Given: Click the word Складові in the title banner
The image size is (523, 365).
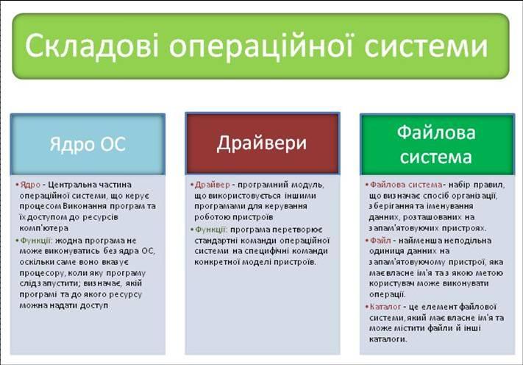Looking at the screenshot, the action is pos(92,46).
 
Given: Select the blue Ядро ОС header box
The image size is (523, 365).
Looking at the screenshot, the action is pos(88,144).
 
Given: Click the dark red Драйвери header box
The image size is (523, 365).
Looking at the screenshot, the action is pos(263,143).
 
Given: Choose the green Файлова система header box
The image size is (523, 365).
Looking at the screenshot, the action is pos(437,144).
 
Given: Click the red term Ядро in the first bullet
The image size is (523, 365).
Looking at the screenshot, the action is pos(30,185).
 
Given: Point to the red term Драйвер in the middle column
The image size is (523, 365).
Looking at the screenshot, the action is pos(212,185).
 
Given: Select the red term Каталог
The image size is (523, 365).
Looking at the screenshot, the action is pos(385,307).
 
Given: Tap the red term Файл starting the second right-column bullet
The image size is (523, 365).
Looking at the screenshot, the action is pos(380,241).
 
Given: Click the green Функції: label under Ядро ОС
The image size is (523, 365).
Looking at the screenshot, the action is pos(36,241).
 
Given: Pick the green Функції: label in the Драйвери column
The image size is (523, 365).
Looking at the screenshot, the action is pos(211,230).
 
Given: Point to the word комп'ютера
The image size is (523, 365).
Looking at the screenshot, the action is pos(44,228).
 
